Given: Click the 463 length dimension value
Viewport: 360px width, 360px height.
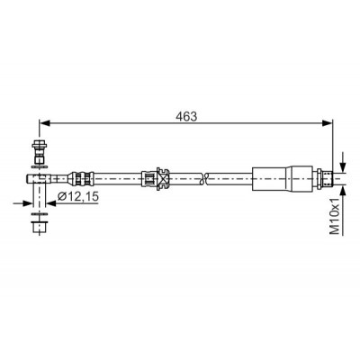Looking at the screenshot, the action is [186, 116].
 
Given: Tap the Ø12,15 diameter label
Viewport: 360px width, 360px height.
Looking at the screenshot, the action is [78, 197].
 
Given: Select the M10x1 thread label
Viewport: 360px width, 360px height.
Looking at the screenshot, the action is [335, 216].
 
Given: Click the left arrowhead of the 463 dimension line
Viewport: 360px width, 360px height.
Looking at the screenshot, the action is [44, 122].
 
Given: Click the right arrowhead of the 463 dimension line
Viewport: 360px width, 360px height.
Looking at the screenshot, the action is [328, 122].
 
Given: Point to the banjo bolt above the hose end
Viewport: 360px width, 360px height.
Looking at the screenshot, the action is [40, 152].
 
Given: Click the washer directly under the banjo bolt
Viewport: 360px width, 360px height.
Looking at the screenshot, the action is [40, 166].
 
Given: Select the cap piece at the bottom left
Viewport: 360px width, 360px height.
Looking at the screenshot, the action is [40, 226].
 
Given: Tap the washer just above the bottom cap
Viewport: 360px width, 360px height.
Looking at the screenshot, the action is [40, 214].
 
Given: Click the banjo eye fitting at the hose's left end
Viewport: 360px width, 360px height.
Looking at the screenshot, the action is [39, 178].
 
